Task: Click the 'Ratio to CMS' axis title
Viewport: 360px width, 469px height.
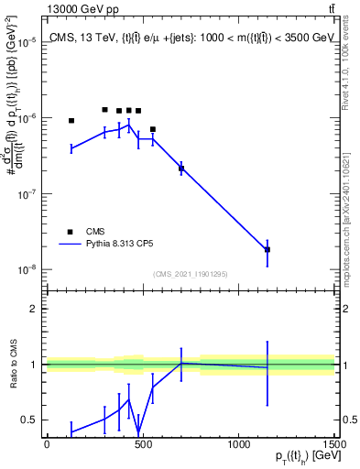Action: pos(13,365)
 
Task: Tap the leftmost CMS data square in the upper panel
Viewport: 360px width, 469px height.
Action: pos(71,120)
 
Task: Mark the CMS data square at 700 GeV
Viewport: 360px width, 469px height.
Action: pos(181,169)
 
